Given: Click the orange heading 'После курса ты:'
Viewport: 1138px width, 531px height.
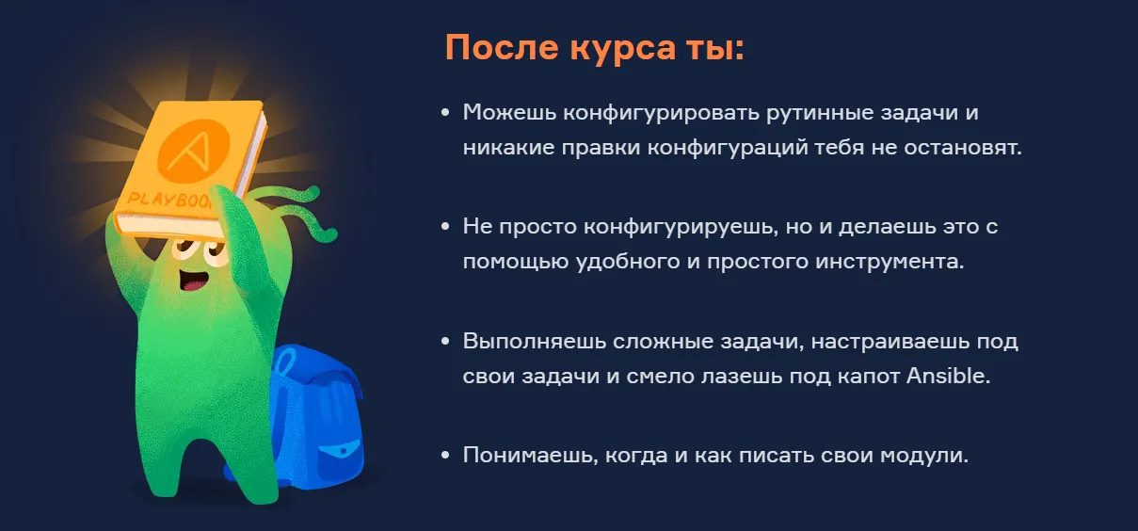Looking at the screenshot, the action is (594, 48).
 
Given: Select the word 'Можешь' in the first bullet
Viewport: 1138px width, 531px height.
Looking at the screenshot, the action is (509, 112).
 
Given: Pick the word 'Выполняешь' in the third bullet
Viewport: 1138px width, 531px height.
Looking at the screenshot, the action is (535, 341).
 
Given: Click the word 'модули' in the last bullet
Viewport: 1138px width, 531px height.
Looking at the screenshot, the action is (923, 456).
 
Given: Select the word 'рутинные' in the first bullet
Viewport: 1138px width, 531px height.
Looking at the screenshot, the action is (820, 113).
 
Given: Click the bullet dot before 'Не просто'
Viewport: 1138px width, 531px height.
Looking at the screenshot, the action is (445, 227).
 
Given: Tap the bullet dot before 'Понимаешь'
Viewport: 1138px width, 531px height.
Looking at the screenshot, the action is (445, 456).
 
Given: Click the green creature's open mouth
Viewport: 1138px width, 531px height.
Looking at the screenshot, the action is (194, 280).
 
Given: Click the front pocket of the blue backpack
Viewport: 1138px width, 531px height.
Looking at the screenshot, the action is (339, 456).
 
